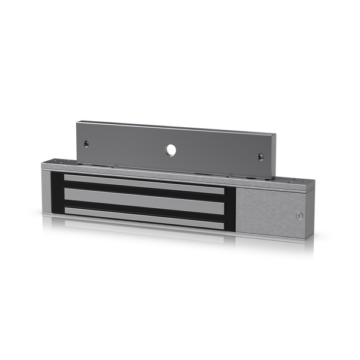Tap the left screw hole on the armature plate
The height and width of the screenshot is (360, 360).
(86, 143)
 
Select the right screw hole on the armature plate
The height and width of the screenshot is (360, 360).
(261, 157)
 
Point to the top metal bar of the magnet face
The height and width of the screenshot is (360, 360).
(144, 180)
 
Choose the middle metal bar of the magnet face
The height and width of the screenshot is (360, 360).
(144, 197)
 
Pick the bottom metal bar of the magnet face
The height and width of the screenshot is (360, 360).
(144, 215)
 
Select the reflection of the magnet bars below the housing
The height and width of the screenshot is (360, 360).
(144, 231)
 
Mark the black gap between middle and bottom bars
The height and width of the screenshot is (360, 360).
(144, 206)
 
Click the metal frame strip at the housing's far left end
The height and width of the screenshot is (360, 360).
(44, 192)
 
